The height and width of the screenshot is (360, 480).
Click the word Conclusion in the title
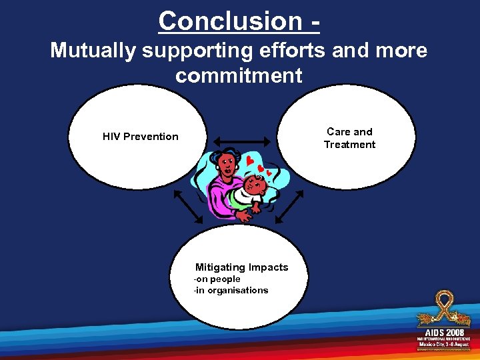pyautogui.click(x=230, y=21)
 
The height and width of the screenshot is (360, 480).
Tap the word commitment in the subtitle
pyautogui.click(x=239, y=75)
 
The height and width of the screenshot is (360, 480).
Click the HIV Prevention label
pyautogui.click(x=141, y=137)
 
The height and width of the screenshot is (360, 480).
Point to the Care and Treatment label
pyautogui.click(x=349, y=138)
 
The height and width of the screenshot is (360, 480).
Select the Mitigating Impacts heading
pyautogui.click(x=241, y=267)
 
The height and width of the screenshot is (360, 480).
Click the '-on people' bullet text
pyautogui.click(x=217, y=279)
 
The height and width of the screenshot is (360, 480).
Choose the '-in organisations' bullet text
pyautogui.click(x=231, y=291)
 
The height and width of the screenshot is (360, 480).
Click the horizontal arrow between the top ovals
pyautogui.click(x=241, y=141)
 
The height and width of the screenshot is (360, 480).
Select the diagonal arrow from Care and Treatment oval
pyautogui.click(x=289, y=206)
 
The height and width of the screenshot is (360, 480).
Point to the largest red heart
pyautogui.click(x=250, y=161)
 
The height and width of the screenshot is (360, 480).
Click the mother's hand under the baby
pyautogui.click(x=244, y=215)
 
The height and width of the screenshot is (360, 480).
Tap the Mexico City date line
pyautogui.click(x=444, y=345)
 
